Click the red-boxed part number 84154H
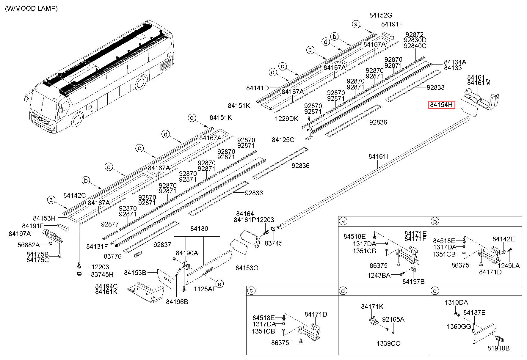click(441, 105)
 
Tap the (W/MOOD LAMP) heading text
click(31, 9)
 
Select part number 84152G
click(381, 15)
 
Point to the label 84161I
click(378, 156)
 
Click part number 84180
click(199, 229)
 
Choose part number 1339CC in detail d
click(388, 343)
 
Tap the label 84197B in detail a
click(413, 282)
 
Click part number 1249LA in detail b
click(509, 266)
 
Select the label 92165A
click(393, 319)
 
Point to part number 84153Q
click(247, 268)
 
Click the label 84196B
click(177, 302)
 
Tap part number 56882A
click(29, 245)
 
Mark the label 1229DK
click(286, 119)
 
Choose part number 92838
click(435, 87)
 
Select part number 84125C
click(283, 139)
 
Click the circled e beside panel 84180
click(219, 284)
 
